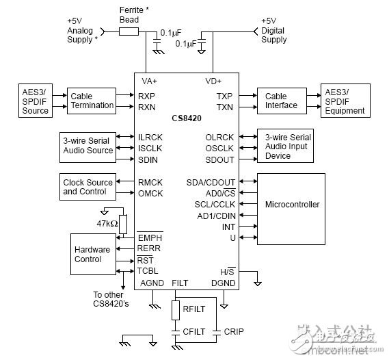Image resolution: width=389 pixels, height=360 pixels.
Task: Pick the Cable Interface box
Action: [x=281, y=101]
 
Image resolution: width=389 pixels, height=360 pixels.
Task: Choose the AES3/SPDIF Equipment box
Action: [x=345, y=101]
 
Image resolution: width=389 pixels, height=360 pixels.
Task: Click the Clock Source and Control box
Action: [x=88, y=187]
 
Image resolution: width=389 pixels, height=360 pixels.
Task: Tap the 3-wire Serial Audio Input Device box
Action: [x=285, y=146]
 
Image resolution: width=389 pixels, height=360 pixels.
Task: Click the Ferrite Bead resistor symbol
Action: [x=129, y=31]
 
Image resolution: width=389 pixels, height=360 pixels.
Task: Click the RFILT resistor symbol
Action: [x=176, y=309]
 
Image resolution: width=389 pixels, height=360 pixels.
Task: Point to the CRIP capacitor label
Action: [x=233, y=331]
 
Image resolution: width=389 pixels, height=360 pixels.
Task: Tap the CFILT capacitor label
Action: [x=193, y=331]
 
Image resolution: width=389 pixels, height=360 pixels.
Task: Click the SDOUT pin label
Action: [x=219, y=159]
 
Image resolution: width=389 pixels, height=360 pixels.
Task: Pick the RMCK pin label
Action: [x=149, y=182]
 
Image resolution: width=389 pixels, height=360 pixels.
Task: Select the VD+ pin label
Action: [x=213, y=81]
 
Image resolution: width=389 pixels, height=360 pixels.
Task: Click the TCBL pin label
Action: [x=148, y=271]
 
